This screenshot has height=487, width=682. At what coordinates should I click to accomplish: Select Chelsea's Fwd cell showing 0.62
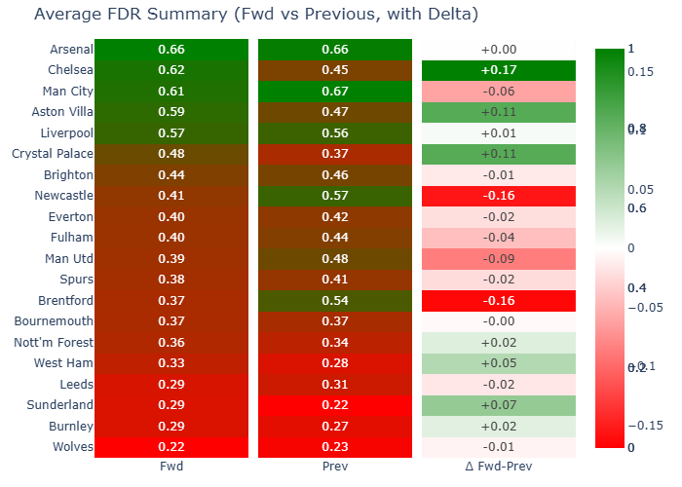[170, 70]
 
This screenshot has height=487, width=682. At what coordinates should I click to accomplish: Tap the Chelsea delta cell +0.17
[499, 70]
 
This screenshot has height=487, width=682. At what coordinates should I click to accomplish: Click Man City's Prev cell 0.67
[335, 92]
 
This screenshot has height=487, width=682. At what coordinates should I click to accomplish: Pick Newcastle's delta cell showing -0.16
[499, 196]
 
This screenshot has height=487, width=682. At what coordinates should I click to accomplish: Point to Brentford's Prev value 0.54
[335, 301]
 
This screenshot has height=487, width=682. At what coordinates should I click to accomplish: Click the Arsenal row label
[70, 50]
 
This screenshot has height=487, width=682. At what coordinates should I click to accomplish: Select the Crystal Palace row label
[53, 154]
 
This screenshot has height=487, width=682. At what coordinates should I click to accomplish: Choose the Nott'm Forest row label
[55, 343]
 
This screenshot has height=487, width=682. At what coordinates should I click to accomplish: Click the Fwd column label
[170, 467]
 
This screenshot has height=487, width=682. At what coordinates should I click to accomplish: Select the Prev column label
[335, 467]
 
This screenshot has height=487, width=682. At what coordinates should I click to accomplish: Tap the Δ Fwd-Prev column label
[499, 467]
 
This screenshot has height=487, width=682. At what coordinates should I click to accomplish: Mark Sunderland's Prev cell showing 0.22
[335, 405]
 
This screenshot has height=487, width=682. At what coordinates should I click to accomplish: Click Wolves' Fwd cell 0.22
[170, 447]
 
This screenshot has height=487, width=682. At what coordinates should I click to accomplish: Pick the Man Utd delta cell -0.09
[499, 259]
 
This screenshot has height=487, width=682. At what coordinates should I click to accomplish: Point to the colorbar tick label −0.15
[644, 425]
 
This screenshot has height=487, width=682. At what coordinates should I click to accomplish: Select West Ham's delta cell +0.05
[499, 363]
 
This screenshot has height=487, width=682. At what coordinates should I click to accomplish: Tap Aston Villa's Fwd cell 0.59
[170, 112]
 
